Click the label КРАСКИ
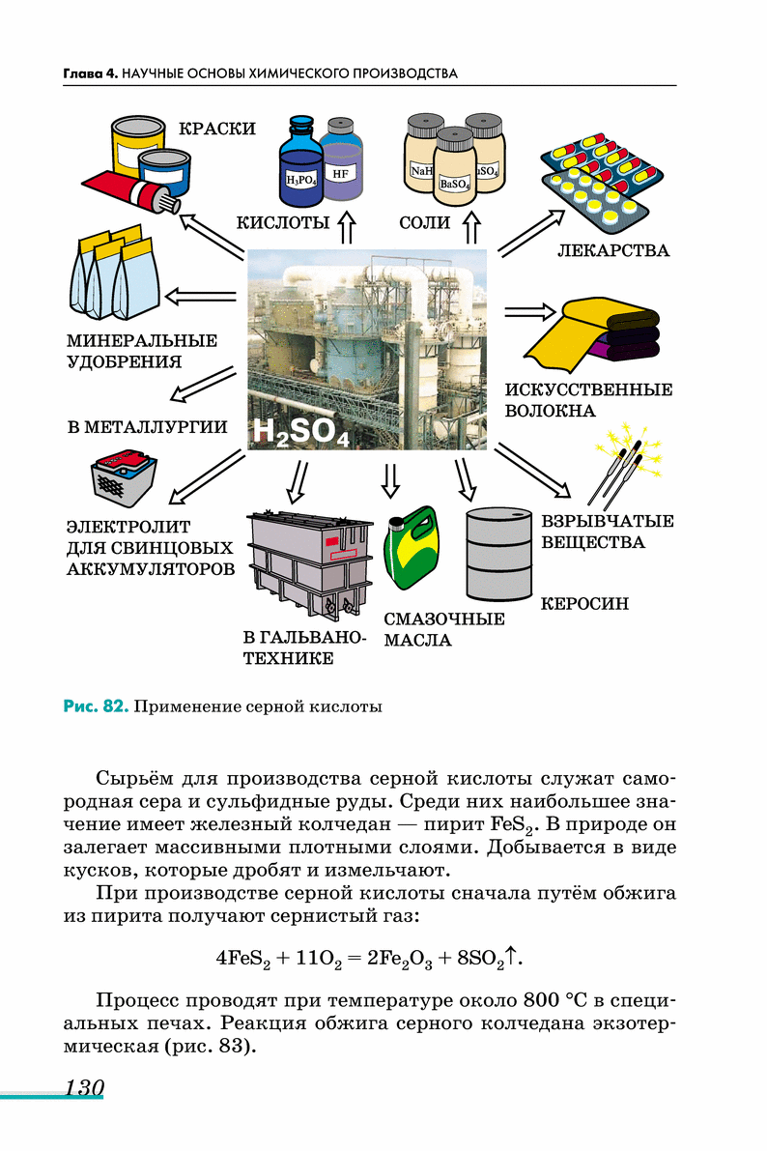[217, 129]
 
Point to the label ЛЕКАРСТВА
[613, 251]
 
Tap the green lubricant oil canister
[410, 551]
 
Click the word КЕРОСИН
[584, 604]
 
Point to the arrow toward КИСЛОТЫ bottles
[347, 228]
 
